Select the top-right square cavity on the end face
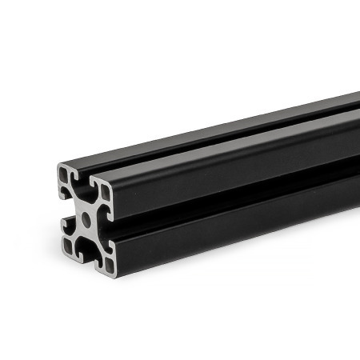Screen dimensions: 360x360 click(104, 194)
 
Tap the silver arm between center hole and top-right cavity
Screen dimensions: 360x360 click(95, 207)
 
